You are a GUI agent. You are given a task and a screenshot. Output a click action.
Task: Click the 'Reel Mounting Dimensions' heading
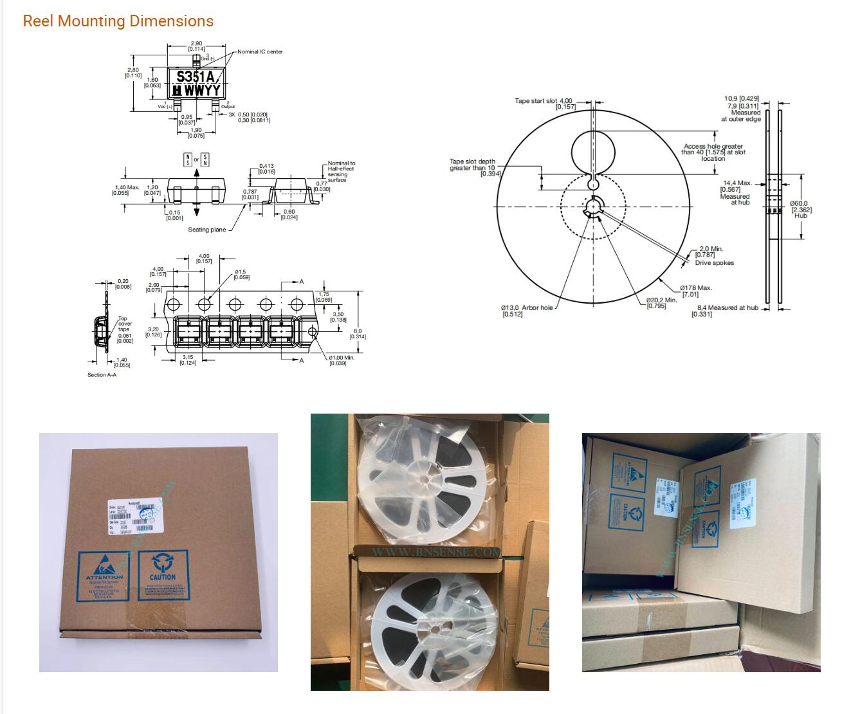(x=118, y=21)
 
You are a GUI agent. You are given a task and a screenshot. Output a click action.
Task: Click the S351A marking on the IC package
(x=196, y=77)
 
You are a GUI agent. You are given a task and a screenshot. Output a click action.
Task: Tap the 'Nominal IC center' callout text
(x=260, y=51)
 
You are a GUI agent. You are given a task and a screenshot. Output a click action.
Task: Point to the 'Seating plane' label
(x=206, y=230)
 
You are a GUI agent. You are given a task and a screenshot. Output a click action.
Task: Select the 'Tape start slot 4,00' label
(x=544, y=102)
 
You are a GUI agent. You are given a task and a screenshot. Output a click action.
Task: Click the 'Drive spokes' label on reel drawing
(x=714, y=262)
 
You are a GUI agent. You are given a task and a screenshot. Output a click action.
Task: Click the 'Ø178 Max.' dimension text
(x=696, y=288)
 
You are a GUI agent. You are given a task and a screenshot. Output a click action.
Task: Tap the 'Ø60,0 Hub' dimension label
(x=800, y=209)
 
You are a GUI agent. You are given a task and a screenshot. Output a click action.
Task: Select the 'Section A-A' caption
(x=102, y=375)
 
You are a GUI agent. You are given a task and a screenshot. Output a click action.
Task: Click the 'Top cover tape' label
(x=124, y=324)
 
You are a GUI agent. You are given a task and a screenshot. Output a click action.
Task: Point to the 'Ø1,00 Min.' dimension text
(x=341, y=358)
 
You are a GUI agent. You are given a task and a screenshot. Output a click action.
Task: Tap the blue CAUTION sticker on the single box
(x=163, y=574)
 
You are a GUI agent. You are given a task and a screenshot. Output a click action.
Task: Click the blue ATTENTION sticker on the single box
(x=104, y=575)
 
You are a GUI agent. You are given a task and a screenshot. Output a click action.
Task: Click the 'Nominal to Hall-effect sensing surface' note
(x=341, y=172)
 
